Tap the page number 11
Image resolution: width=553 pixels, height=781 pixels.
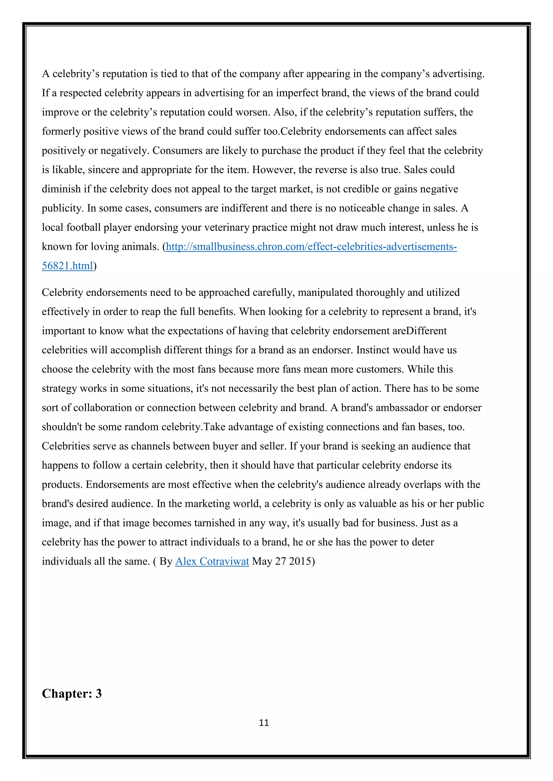264,723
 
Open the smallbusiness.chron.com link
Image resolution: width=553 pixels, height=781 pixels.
311,246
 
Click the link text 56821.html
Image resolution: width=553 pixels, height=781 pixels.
67,266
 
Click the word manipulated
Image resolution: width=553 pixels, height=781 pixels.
325,293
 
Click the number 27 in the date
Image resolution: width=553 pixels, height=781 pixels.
280,561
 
